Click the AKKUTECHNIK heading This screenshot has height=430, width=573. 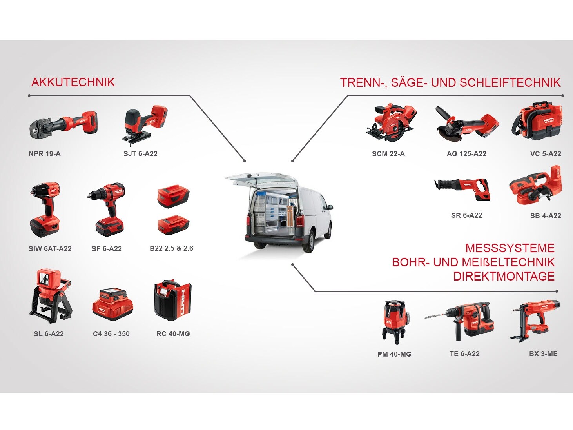(73, 82)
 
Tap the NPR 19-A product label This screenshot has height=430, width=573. (45, 154)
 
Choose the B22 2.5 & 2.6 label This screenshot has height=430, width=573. (172, 248)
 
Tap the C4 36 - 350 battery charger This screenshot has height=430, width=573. (113, 304)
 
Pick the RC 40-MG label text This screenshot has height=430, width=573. (173, 333)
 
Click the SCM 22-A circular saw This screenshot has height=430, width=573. (391, 122)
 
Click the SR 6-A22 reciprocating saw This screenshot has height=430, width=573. (462, 189)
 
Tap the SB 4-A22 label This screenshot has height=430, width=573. (546, 215)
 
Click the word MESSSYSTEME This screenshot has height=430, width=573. (510, 248)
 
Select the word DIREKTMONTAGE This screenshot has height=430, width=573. (504, 276)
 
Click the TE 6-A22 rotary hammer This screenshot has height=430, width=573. (459, 321)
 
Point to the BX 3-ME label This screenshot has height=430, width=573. (543, 354)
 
